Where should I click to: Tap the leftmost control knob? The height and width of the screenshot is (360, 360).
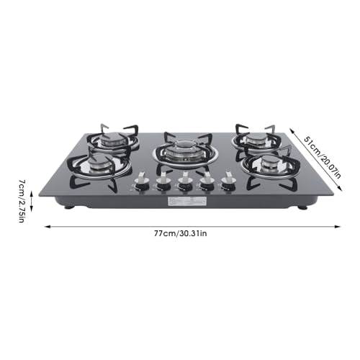pos(142,183)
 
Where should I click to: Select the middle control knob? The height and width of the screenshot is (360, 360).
pos(185,183)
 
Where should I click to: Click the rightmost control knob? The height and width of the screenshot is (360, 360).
pos(228,183)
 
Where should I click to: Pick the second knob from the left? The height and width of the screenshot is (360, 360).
pos(163,183)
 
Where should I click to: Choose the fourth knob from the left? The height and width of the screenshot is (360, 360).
pos(207,183)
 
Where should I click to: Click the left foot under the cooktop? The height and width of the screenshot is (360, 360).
pos(69,207)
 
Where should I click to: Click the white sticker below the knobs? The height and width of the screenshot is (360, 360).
pos(183,203)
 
